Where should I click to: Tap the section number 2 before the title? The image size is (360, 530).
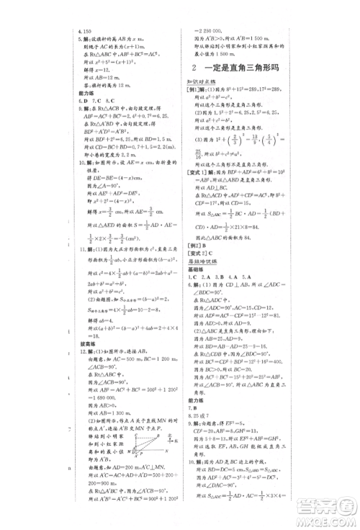(x=204, y=68)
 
